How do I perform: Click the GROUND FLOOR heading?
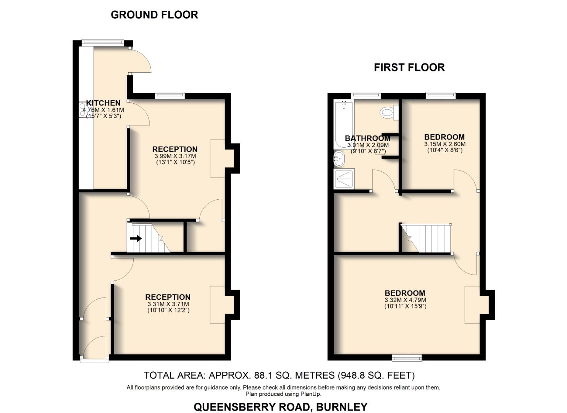pos(154,15)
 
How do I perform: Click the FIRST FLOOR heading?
pos(409,68)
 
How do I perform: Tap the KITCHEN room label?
pos(103,103)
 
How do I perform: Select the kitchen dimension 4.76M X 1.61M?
pos(103,110)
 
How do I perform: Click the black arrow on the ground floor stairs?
pos(136,239)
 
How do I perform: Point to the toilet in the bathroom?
pos(388,112)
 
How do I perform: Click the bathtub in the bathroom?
pos(344,124)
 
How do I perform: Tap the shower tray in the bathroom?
pos(344,179)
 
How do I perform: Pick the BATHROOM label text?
pos(367,138)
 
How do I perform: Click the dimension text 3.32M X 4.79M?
pos(405,300)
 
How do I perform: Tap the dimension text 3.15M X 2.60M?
pos(444,144)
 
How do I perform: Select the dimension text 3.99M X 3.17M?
pos(175,156)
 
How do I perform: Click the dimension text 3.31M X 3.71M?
pos(168,304)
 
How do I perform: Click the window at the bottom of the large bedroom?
pos(407,358)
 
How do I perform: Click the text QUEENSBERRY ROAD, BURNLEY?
pos(280,407)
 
